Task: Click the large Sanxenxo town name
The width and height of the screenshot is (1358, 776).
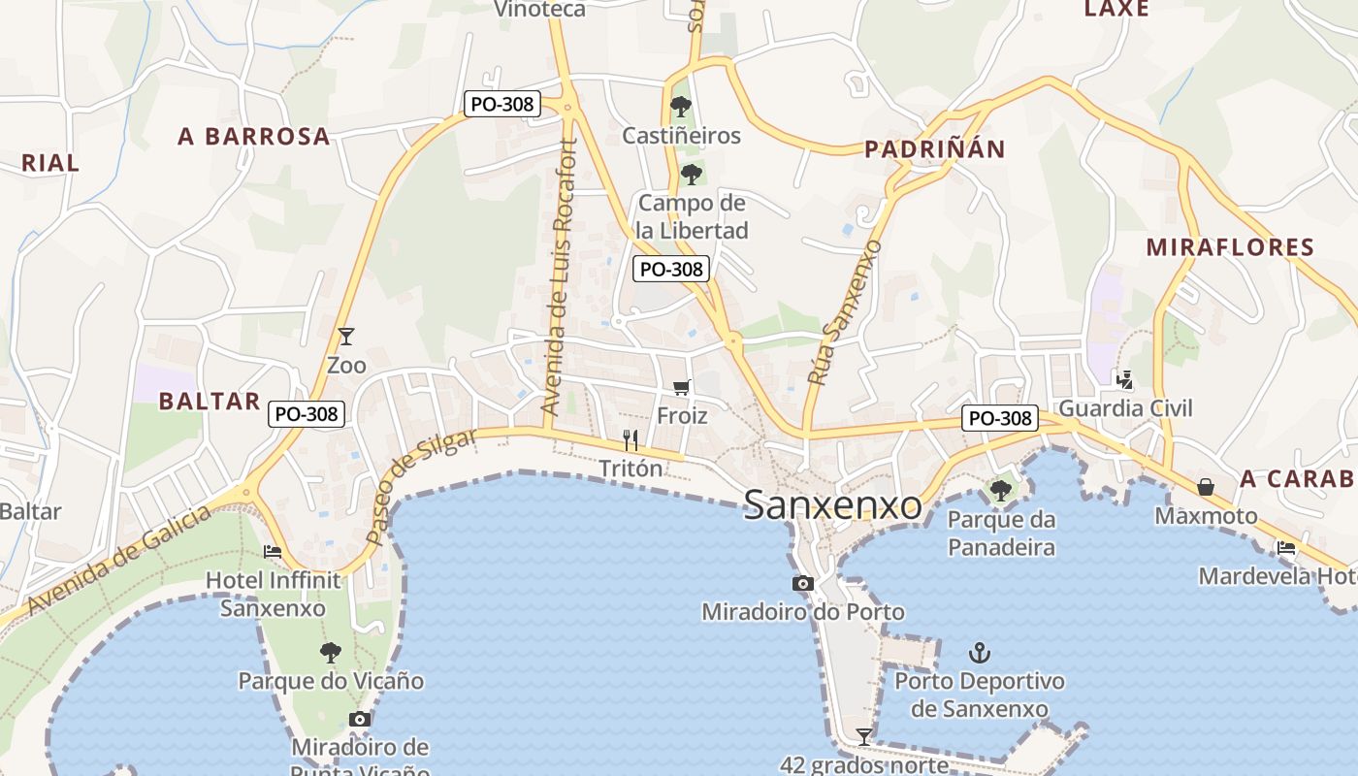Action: (x=832, y=505)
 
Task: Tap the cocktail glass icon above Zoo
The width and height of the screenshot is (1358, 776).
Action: (x=345, y=337)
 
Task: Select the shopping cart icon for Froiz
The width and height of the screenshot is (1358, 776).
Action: (x=682, y=387)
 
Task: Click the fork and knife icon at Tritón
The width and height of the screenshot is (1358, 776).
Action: (x=630, y=440)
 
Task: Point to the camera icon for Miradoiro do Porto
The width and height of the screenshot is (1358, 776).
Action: (x=803, y=583)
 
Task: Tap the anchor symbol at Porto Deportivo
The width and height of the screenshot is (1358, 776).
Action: (x=980, y=652)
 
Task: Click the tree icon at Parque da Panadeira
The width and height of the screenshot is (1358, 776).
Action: (x=1001, y=491)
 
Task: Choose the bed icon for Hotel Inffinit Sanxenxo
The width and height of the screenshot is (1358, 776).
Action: (x=273, y=552)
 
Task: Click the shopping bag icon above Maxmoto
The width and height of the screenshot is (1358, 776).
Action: (x=1206, y=486)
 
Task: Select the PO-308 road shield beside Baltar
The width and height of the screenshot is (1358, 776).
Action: (x=307, y=414)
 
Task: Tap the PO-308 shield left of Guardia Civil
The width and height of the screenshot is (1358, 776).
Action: (x=1000, y=418)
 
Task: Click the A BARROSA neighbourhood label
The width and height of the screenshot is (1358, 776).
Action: (x=254, y=137)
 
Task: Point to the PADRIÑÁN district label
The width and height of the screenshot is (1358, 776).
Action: (x=934, y=148)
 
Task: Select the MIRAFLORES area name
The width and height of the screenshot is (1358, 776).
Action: (x=1230, y=247)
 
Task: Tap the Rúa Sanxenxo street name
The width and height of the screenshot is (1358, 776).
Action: (x=844, y=312)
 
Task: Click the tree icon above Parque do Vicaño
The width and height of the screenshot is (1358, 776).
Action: (x=331, y=652)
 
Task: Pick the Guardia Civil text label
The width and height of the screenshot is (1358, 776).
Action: (x=1125, y=408)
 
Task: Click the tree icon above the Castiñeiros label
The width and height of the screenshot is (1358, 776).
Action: (x=681, y=106)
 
